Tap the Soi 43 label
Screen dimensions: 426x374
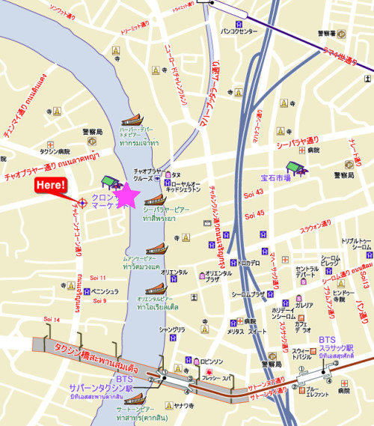tap(255, 192)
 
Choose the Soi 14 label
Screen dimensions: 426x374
tap(52, 320)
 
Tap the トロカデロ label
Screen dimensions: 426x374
tap(249, 263)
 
